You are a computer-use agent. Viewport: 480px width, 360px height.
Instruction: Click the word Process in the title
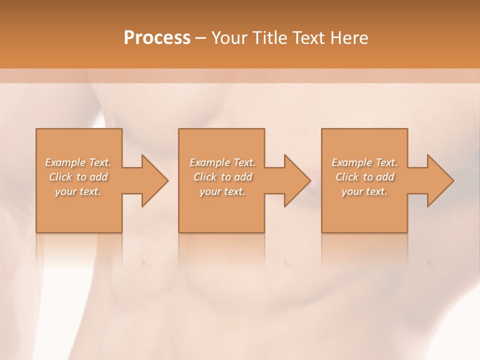pos(157,38)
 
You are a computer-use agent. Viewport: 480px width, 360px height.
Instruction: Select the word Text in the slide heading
pos(310,38)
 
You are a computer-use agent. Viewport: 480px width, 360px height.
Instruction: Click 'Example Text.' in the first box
pos(78,162)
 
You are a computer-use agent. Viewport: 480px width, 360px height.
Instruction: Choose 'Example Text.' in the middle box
pos(222,162)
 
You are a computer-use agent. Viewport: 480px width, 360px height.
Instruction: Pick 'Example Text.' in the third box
pos(364,162)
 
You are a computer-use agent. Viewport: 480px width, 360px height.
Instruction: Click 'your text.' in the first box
pos(78,192)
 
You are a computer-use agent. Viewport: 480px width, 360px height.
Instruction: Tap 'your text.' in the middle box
pos(222,192)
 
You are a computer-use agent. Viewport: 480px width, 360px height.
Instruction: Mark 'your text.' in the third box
pos(364,192)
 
